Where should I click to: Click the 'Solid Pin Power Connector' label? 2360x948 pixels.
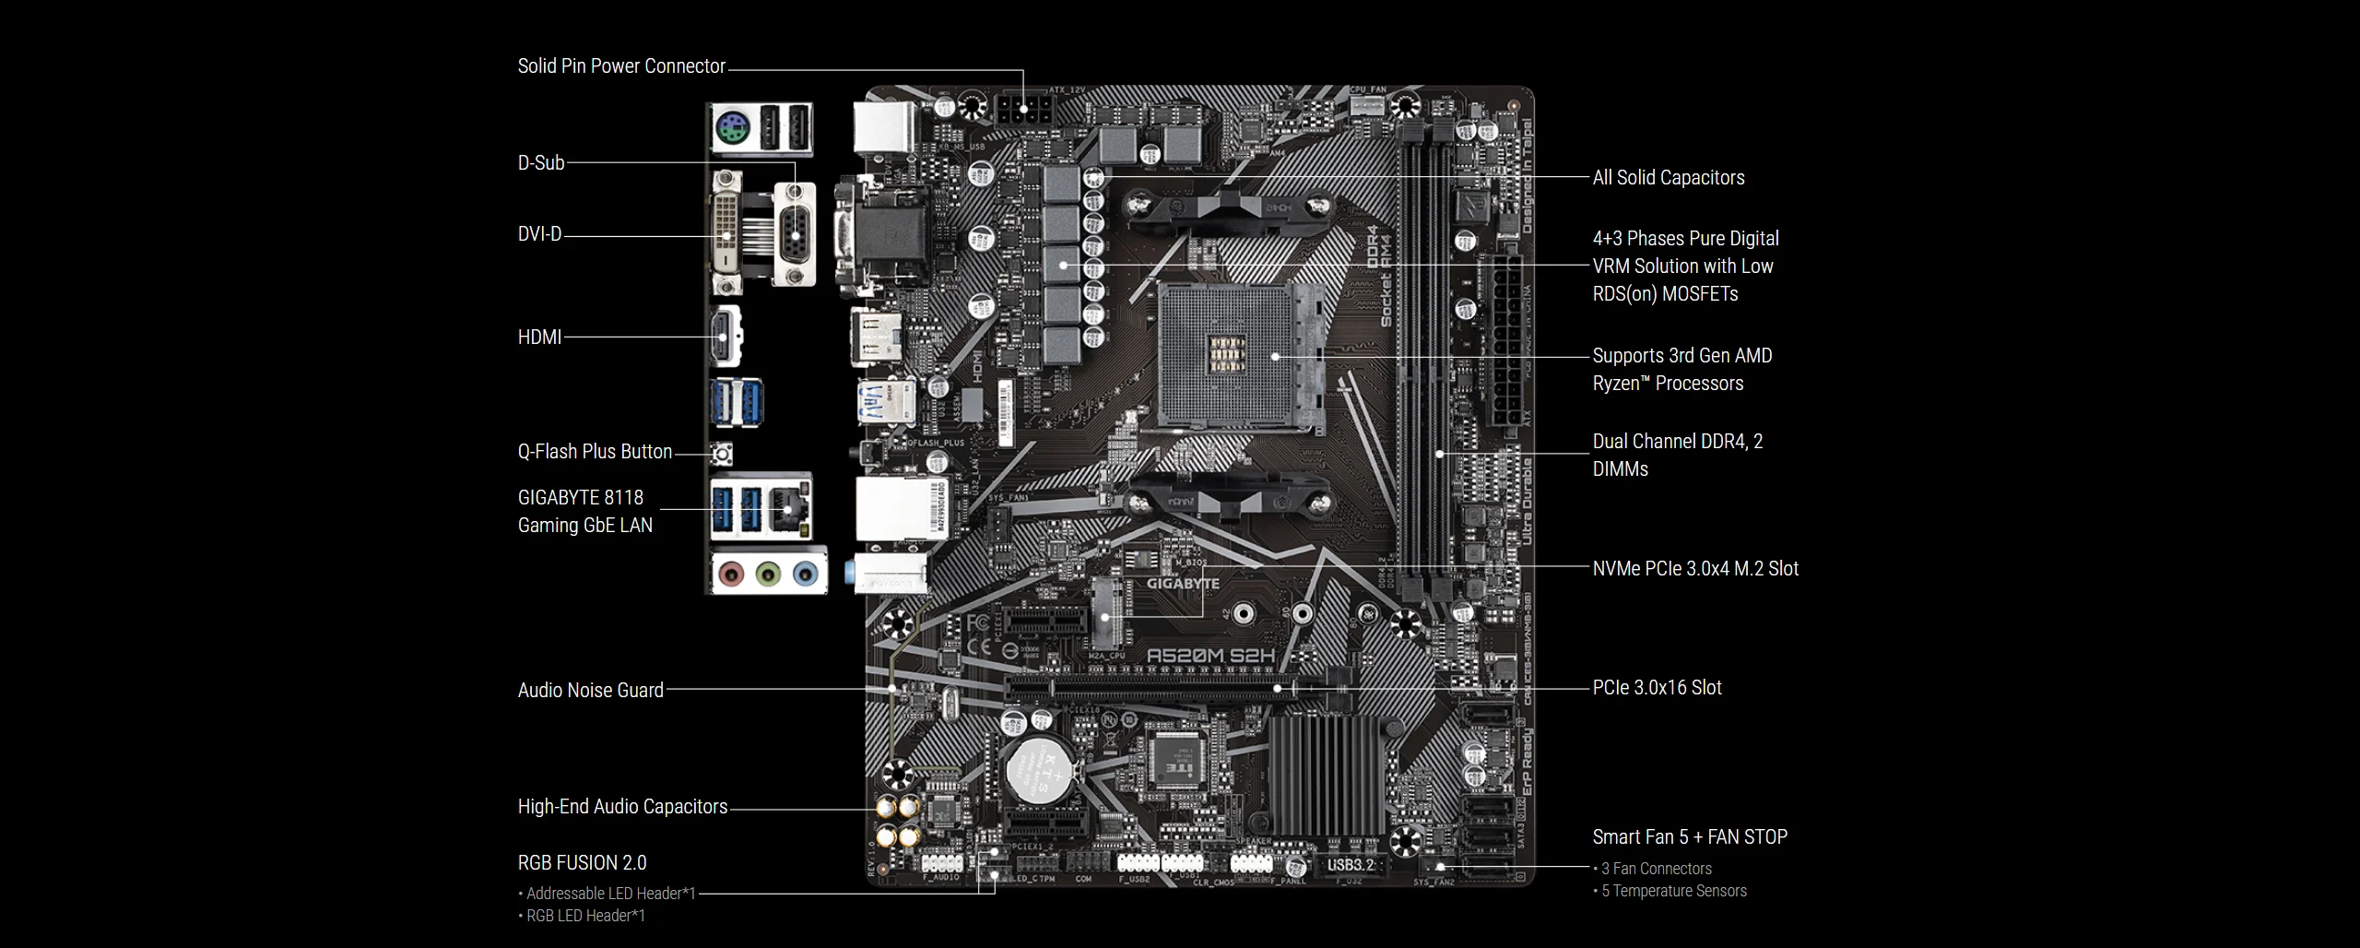621,66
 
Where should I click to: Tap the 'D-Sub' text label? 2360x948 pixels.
541,163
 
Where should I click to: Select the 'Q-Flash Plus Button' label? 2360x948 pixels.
595,452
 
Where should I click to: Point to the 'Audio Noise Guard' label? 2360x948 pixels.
590,691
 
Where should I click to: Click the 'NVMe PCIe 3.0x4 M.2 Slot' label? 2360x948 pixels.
1695,569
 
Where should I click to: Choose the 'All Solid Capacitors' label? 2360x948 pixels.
1669,178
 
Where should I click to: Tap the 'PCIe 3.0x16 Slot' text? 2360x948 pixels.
1657,688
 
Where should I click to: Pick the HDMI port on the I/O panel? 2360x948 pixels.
724,337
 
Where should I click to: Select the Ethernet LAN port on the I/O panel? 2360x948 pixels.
790,507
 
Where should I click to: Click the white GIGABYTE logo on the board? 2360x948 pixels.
1183,584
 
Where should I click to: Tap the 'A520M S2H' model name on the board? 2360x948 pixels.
1210,656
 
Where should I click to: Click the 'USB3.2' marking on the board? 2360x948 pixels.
1351,865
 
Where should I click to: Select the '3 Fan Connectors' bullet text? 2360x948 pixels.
1656,869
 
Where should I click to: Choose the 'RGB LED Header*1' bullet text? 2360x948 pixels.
585,916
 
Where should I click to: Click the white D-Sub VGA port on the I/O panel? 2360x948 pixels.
795,233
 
